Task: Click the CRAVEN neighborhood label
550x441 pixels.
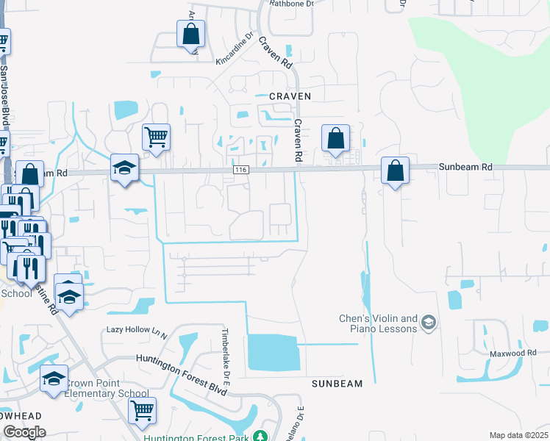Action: (290, 96)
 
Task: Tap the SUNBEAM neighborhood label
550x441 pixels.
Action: (337, 384)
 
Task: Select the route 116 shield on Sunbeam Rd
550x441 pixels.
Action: (240, 170)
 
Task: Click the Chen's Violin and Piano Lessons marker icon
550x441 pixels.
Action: (429, 322)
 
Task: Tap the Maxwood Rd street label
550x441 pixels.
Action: (514, 354)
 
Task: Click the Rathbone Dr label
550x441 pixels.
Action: (291, 4)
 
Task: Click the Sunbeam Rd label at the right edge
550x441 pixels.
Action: (466, 168)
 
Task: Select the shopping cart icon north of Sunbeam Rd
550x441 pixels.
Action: (156, 137)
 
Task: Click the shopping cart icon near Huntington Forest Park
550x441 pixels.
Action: (143, 409)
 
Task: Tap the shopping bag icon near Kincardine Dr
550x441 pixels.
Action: (190, 33)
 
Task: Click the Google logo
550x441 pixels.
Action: (24, 433)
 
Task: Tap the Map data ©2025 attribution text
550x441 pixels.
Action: (518, 435)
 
